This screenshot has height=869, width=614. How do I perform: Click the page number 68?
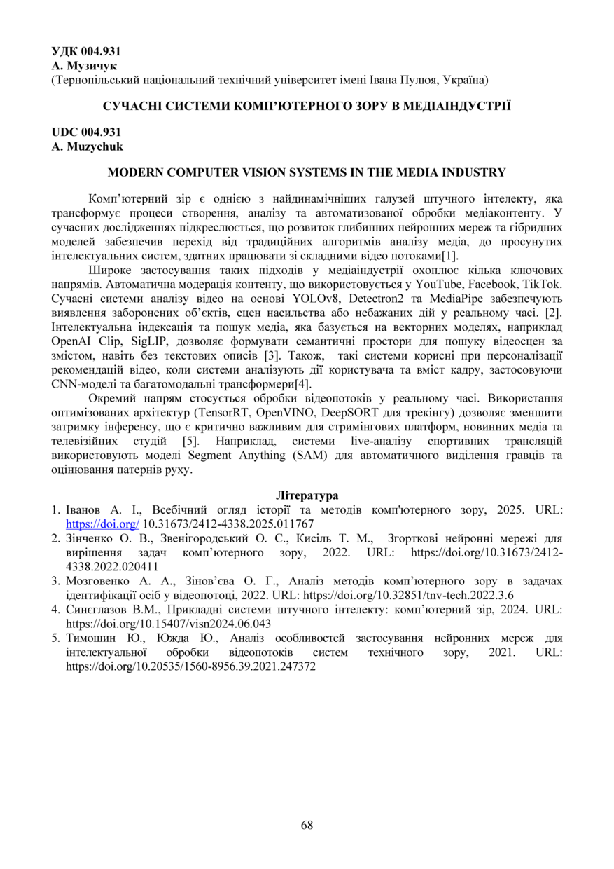tap(307, 825)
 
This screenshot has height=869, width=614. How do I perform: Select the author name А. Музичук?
tap(84, 66)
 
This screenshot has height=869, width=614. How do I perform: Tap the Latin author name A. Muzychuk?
tap(87, 146)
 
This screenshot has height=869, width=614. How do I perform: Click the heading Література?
tap(307, 495)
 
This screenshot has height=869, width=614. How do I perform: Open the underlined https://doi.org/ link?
tap(102, 524)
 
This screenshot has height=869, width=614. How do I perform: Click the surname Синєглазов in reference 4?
tap(97, 609)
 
